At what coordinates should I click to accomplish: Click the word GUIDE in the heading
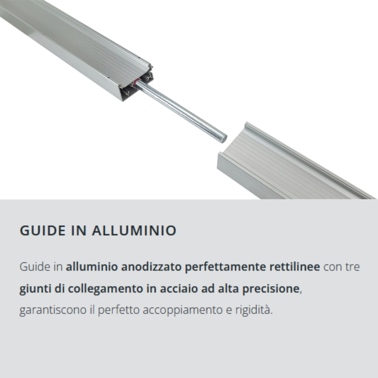(x=42, y=231)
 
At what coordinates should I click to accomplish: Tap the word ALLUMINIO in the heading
(x=134, y=231)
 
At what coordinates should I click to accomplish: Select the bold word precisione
(x=271, y=288)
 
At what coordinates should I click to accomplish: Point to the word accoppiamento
(x=183, y=310)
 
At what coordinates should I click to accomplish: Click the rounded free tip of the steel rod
(x=223, y=139)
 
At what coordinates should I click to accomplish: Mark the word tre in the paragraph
(x=353, y=267)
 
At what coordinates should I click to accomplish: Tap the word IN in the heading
(x=79, y=231)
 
